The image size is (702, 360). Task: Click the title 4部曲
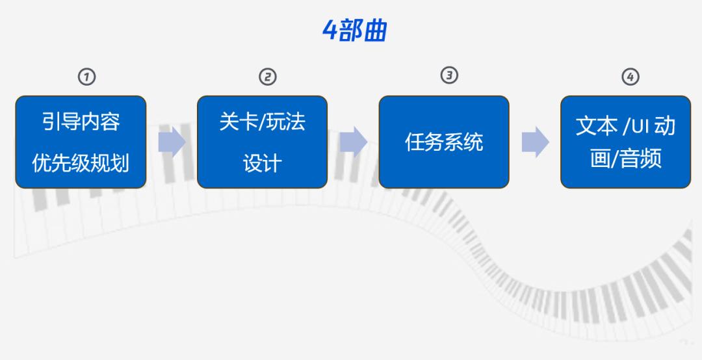(x=355, y=31)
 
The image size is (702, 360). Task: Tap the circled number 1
(x=87, y=77)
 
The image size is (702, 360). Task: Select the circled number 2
(x=268, y=77)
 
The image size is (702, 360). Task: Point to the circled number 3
(x=450, y=75)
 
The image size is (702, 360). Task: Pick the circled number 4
(x=630, y=77)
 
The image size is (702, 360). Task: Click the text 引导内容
(x=81, y=122)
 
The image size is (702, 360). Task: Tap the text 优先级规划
(x=81, y=162)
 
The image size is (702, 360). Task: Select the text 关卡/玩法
(x=263, y=122)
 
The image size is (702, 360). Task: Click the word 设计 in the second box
(x=263, y=163)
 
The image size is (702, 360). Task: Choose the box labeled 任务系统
(x=444, y=142)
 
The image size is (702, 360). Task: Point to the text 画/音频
(x=626, y=159)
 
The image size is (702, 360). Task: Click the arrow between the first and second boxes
(x=172, y=142)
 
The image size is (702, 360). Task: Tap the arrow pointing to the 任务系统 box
(x=353, y=142)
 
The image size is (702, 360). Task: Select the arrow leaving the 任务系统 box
(x=535, y=142)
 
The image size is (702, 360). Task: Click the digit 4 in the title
(x=330, y=31)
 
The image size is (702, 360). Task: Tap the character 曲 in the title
(x=375, y=31)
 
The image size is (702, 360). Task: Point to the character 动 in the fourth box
(x=665, y=126)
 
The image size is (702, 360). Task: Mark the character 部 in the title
(x=350, y=31)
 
